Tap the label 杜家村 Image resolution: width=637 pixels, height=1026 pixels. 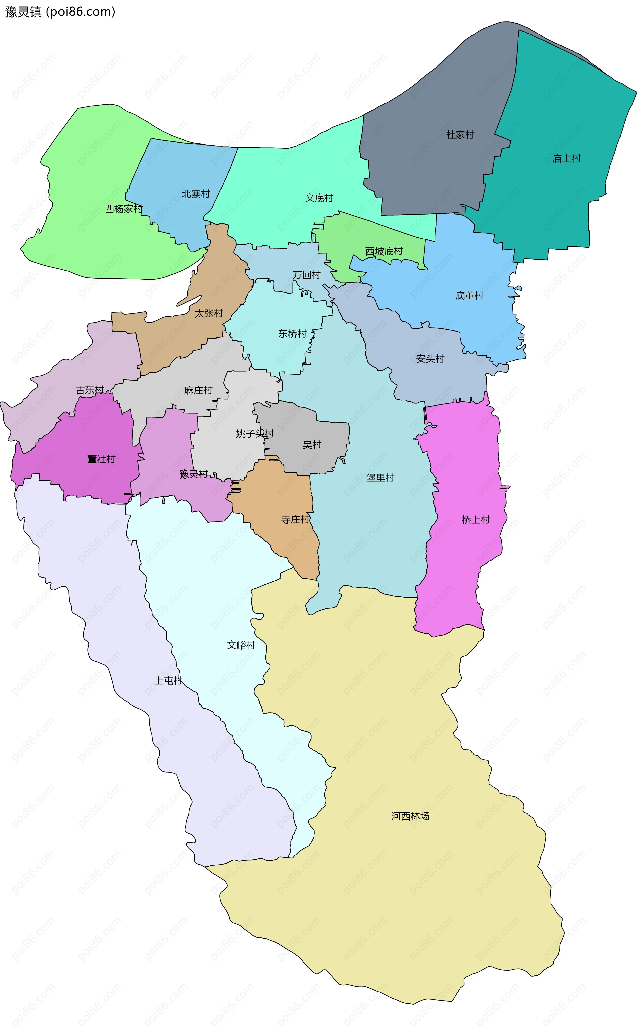click(x=460, y=135)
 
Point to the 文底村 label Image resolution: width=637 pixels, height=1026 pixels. click(x=319, y=198)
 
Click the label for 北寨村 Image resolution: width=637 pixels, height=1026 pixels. click(x=196, y=194)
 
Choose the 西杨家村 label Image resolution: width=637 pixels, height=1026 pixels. click(x=123, y=209)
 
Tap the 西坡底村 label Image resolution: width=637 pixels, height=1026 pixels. click(x=384, y=251)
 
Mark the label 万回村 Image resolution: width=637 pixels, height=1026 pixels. click(x=306, y=275)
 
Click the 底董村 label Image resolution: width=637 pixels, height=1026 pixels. click(x=469, y=295)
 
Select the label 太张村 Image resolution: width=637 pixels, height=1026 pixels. click(x=209, y=313)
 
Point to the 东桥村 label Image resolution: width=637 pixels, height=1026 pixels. click(x=292, y=334)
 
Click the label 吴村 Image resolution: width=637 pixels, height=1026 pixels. click(x=312, y=445)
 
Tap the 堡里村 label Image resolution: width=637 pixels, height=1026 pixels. click(x=380, y=478)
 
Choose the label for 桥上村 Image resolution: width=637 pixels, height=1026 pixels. click(x=476, y=520)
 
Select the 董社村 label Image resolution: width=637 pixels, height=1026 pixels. click(x=101, y=459)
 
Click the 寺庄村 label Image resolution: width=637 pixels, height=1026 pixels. click(x=295, y=520)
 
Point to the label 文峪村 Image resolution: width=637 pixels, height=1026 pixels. click(x=241, y=645)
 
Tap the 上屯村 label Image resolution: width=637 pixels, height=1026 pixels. click(x=168, y=681)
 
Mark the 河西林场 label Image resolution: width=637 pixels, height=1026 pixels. click(x=410, y=816)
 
